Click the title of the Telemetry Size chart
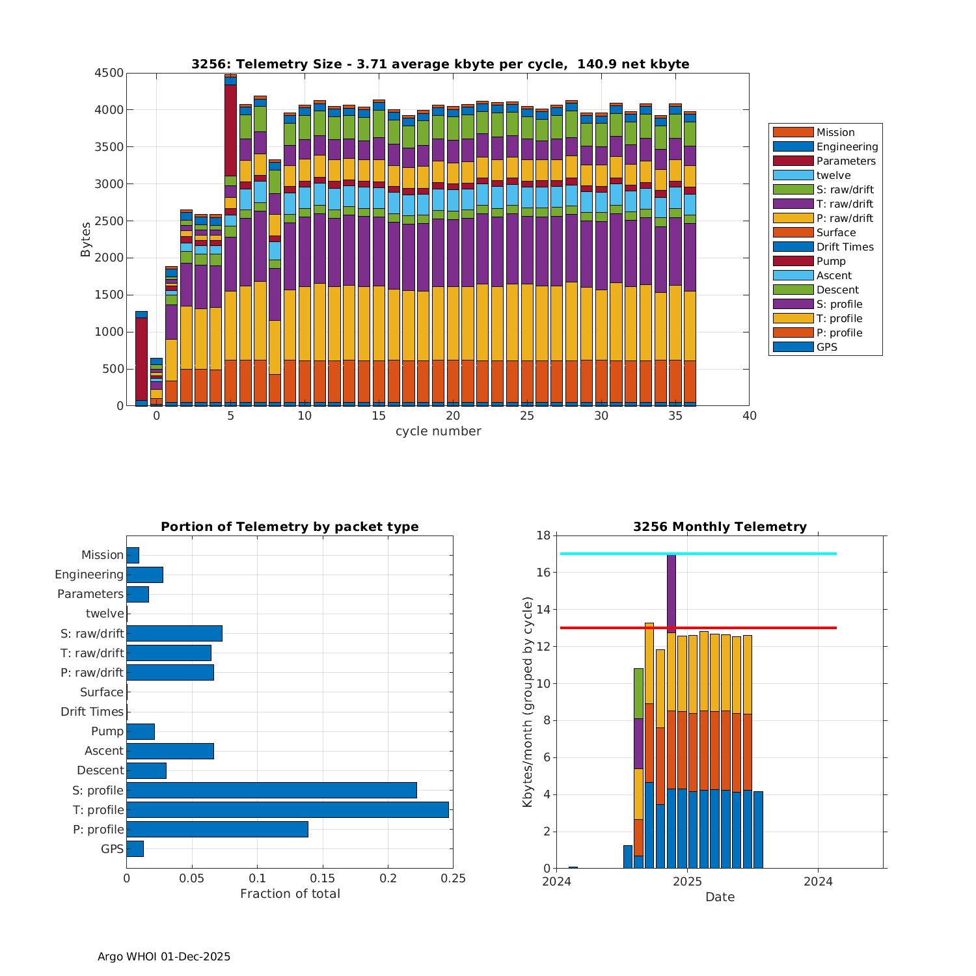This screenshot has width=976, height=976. [x=440, y=64]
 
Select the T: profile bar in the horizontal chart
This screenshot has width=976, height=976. [x=287, y=809]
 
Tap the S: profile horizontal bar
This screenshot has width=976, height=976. [x=271, y=790]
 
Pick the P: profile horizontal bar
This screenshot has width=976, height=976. [x=217, y=829]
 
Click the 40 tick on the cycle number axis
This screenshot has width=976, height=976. [x=750, y=416]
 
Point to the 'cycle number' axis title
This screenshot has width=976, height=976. [x=438, y=431]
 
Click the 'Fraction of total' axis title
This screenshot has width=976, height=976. [x=290, y=893]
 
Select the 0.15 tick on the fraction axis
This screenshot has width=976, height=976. [x=323, y=878]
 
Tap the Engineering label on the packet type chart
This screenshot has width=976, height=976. [x=89, y=575]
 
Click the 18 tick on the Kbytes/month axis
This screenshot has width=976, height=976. [x=543, y=535]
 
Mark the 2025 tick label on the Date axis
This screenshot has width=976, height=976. [x=687, y=882]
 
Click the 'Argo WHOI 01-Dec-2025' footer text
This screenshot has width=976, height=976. [x=164, y=956]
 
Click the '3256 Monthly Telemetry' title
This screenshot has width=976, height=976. [x=720, y=526]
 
